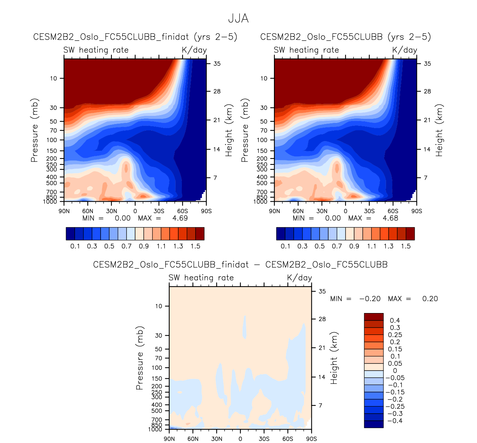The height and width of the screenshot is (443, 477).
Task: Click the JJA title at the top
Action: [238, 19]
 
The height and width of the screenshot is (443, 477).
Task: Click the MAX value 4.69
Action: [180, 218]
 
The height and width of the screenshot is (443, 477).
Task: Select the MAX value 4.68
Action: [391, 218]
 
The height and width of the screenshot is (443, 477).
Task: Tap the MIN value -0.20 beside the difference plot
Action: [370, 299]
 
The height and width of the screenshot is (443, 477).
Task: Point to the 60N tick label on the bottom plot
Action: [193, 439]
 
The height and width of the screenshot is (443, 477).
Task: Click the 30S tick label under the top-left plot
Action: [159, 211]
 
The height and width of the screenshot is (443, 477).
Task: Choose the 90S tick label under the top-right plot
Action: [416, 211]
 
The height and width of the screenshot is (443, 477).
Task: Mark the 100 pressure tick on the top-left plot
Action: [52, 140]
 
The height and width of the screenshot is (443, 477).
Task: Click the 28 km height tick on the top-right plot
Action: [428, 91]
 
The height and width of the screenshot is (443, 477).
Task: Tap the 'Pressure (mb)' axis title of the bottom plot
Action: [140, 358]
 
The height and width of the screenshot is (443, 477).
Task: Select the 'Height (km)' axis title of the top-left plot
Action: [229, 130]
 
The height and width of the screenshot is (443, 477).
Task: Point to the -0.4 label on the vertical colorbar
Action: [394, 421]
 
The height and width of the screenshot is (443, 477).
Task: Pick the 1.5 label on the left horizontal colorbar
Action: [195, 246]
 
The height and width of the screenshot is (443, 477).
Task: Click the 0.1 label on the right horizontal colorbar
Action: [285, 246]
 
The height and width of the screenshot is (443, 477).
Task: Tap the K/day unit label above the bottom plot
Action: [300, 278]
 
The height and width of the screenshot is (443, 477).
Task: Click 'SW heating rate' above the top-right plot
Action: [306, 50]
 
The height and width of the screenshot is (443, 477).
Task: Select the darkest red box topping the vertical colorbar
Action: [373, 317]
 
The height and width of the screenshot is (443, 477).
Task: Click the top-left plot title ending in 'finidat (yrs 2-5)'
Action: [135, 37]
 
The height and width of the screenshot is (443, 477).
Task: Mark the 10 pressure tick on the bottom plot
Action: [159, 306]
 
